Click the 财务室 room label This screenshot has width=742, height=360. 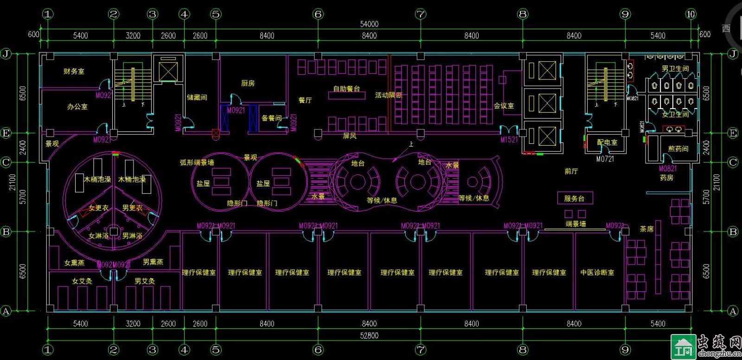[74, 71]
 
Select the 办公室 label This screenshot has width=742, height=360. [77, 107]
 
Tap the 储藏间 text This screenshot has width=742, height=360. [197, 97]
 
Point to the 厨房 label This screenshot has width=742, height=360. [248, 84]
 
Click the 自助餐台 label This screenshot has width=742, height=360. [346, 89]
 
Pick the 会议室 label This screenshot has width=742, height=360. [504, 106]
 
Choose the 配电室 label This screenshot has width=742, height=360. [607, 142]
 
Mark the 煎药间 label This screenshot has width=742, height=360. [678, 149]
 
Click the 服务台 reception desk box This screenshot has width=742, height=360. [574, 199]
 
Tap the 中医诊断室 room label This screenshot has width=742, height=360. [597, 273]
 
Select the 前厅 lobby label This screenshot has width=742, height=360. [571, 171]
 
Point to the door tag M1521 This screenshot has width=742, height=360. [509, 139]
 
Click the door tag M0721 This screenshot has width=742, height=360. [605, 159]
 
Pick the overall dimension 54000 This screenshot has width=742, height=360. [369, 24]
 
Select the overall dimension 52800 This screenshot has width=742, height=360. [369, 335]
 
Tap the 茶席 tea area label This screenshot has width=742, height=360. [646, 229]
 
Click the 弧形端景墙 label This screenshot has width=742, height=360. [197, 163]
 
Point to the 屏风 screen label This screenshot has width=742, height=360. [350, 136]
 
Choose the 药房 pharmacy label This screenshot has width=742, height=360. [666, 178]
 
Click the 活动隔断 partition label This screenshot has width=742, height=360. [389, 95]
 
